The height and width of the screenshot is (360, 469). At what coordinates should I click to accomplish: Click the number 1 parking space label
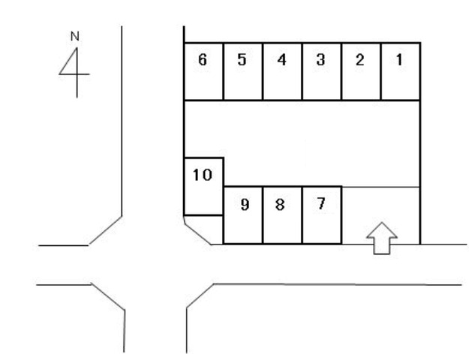pos(398,60)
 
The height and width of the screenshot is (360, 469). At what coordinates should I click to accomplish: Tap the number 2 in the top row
pos(359,60)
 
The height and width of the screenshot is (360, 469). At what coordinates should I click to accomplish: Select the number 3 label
pos(320,60)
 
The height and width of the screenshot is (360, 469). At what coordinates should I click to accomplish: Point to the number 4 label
pos(281,60)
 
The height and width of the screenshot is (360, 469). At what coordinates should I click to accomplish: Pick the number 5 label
pos(242,60)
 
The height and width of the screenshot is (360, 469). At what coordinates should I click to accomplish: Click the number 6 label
pos(203,60)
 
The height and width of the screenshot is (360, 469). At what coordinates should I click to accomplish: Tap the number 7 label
pos(320,203)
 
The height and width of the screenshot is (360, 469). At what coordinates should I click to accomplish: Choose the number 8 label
pos(281,205)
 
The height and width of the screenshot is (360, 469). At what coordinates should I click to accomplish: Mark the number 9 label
pos(244,205)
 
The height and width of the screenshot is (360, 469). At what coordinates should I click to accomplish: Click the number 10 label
pos(203,175)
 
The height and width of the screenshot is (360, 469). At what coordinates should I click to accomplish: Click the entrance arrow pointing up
pos(380,237)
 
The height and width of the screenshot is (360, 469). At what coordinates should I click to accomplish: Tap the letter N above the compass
pos(74,36)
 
